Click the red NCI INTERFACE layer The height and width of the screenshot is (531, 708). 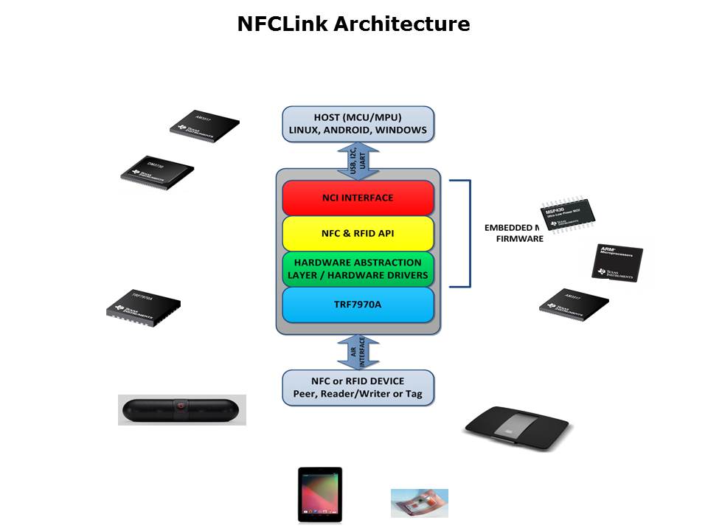click(x=358, y=198)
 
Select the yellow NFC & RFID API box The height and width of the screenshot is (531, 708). click(x=358, y=233)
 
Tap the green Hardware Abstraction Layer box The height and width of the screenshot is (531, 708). click(x=358, y=269)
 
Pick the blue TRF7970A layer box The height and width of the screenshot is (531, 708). click(x=358, y=305)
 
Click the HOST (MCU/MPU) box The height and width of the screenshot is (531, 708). click(x=358, y=123)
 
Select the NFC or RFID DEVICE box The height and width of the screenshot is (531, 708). click(x=358, y=387)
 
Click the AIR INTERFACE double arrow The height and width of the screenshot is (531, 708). click(x=358, y=352)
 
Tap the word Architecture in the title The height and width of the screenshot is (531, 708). click(x=401, y=24)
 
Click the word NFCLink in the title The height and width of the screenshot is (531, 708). click(x=282, y=24)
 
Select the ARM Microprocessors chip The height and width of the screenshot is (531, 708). click(x=618, y=263)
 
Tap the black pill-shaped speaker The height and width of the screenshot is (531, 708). click(x=181, y=409)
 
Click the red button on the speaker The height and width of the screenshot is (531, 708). click(x=178, y=406)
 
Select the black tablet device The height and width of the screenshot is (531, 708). click(x=319, y=494)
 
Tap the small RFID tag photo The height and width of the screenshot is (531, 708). click(x=419, y=502)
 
